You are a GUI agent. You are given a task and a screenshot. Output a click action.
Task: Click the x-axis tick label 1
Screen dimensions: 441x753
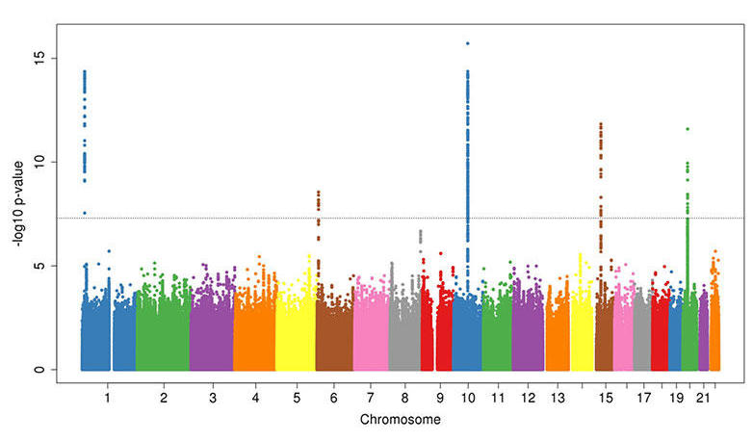coord(108,397)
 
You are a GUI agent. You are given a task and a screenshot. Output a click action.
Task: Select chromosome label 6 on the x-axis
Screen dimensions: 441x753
coord(333,397)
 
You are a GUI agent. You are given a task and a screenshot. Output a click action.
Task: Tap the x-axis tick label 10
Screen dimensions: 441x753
coord(468,397)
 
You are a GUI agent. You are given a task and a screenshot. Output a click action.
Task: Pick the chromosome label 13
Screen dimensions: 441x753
coord(558,397)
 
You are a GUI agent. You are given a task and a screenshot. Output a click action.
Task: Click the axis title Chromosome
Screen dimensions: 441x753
coord(401,421)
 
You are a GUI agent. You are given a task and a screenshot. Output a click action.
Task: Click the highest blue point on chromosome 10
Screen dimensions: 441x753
coord(468,43)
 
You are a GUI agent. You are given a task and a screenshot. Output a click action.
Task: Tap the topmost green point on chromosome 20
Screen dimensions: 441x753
coord(688,129)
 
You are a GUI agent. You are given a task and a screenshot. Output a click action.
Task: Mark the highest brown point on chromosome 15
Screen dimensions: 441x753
coord(601,124)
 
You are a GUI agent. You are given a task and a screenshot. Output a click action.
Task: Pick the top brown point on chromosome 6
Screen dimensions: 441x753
coord(319,193)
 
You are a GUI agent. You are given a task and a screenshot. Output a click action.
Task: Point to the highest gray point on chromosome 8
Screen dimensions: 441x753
coord(420,231)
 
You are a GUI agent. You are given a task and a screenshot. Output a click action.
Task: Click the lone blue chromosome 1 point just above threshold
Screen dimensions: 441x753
coord(85,213)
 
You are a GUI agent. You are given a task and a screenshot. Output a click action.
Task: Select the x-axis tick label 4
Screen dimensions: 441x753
coord(255,397)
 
